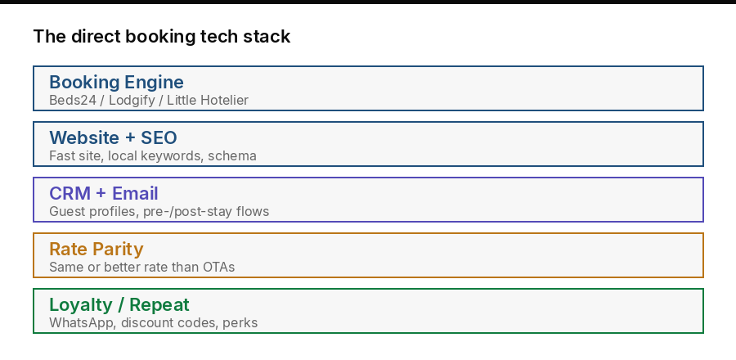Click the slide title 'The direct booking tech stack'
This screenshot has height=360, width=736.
[161, 36]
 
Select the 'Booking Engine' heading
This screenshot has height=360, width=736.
[116, 82]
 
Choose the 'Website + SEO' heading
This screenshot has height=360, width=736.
[113, 137]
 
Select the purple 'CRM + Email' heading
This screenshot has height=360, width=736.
[103, 193]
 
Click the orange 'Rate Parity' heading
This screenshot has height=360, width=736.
[96, 249]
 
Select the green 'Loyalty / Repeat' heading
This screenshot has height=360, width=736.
[119, 304]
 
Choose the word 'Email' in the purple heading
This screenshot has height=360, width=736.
[135, 193]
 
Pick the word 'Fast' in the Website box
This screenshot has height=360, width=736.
[62, 155]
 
